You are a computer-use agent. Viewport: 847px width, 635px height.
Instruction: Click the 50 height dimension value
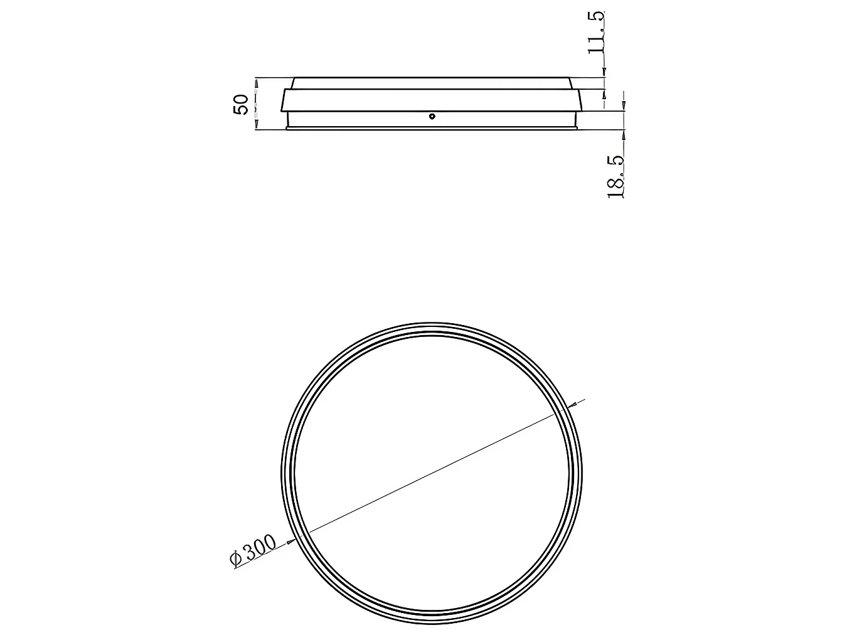click(x=241, y=104)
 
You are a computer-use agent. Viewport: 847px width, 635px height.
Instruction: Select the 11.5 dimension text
click(x=595, y=33)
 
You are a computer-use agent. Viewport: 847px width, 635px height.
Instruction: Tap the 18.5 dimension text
click(x=615, y=177)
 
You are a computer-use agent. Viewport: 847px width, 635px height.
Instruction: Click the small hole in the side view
click(x=432, y=116)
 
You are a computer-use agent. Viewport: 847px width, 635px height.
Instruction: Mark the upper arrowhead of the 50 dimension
click(x=256, y=83)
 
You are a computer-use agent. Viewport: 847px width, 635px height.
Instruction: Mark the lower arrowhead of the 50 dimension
click(x=256, y=124)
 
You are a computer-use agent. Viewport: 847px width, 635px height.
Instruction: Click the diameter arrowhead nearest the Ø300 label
click(x=291, y=542)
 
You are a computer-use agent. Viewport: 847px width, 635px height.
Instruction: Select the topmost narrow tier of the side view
click(x=432, y=83)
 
